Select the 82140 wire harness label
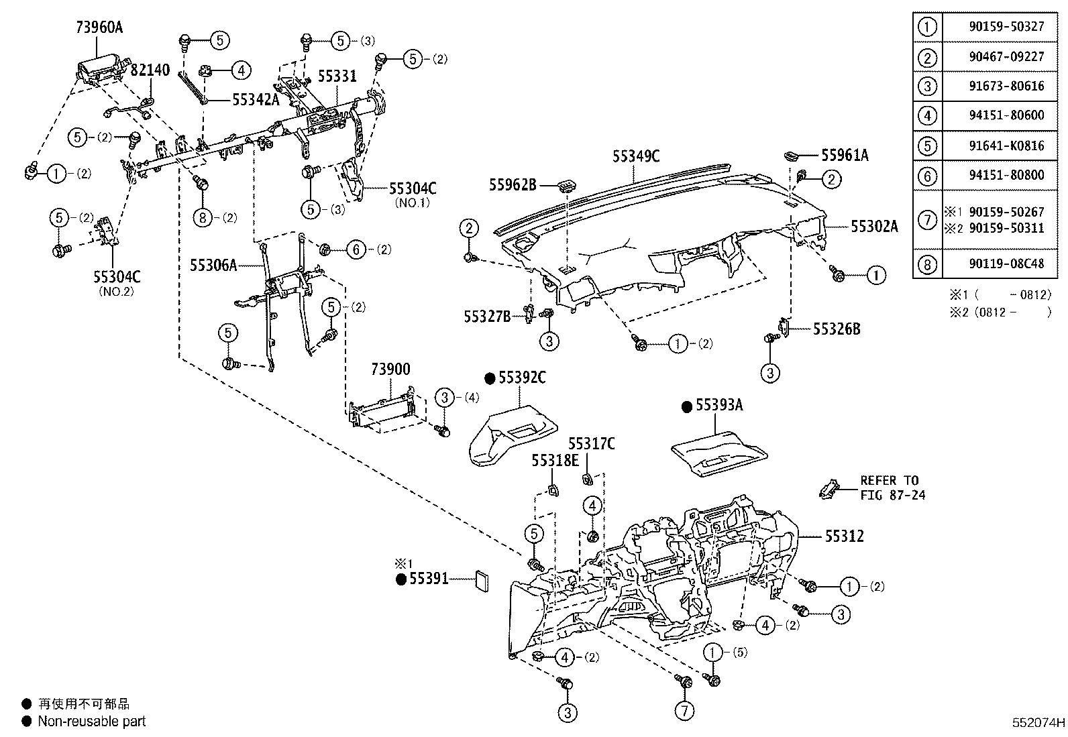point(150,70)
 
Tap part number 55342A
point(255,100)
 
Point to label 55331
point(337,76)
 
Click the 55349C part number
point(636,157)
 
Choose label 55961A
point(845,156)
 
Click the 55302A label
point(874,226)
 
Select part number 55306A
point(213,266)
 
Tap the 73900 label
point(390,370)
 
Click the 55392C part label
point(521,378)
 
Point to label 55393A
point(719,406)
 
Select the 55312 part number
point(844,536)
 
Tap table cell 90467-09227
point(1006,56)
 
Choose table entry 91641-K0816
point(1006,146)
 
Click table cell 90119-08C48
point(1006,264)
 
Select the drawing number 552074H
point(1038,723)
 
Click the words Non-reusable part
point(92,722)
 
